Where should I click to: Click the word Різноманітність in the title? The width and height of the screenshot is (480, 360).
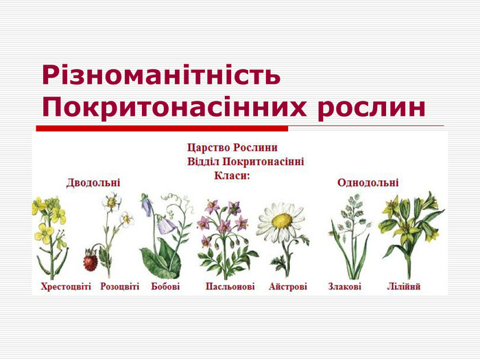coord(161,75)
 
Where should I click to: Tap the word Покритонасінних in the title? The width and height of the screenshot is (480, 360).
coord(174,107)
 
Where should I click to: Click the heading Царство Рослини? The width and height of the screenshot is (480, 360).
coord(232,147)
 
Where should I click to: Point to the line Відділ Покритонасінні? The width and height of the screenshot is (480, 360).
coord(245,162)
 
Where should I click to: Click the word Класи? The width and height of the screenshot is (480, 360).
coord(232,176)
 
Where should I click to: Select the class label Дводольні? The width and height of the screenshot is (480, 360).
coord(93,183)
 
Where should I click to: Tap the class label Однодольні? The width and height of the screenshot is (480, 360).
coord(368,183)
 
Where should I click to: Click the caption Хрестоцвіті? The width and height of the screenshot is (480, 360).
coord(66,287)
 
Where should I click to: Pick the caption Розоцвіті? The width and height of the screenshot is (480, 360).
coord(120,287)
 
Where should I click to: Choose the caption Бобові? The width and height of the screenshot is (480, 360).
coord(165,287)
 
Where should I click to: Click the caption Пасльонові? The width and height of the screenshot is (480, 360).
coord(230,287)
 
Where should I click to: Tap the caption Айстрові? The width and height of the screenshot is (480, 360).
coord(288,287)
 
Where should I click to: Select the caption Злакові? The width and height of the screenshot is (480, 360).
coord(345,287)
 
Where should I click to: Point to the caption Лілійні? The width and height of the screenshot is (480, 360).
coord(403,287)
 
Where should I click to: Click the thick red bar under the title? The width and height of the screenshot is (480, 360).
coord(162,128)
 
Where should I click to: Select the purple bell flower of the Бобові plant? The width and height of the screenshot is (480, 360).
coord(166,226)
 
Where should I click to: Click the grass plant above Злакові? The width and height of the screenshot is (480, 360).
coord(351,236)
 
